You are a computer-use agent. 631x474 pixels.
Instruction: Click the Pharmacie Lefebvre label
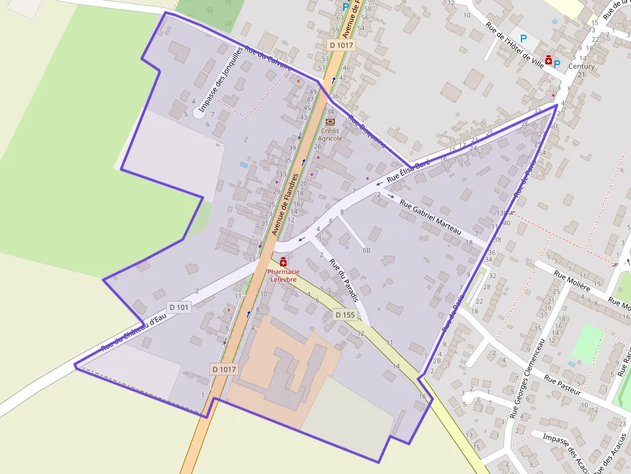283,275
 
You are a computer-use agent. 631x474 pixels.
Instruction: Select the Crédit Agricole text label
330,134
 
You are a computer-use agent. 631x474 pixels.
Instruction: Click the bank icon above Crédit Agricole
330,121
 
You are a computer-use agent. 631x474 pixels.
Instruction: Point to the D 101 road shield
180,307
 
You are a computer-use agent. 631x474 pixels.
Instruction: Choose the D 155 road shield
345,314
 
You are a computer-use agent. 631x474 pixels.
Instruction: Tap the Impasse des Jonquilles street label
221,79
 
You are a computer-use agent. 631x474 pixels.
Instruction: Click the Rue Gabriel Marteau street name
432,217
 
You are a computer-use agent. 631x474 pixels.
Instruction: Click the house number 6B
366,250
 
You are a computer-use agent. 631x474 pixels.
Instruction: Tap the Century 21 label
581,70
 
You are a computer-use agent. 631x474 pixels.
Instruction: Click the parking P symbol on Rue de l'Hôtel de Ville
523,39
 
